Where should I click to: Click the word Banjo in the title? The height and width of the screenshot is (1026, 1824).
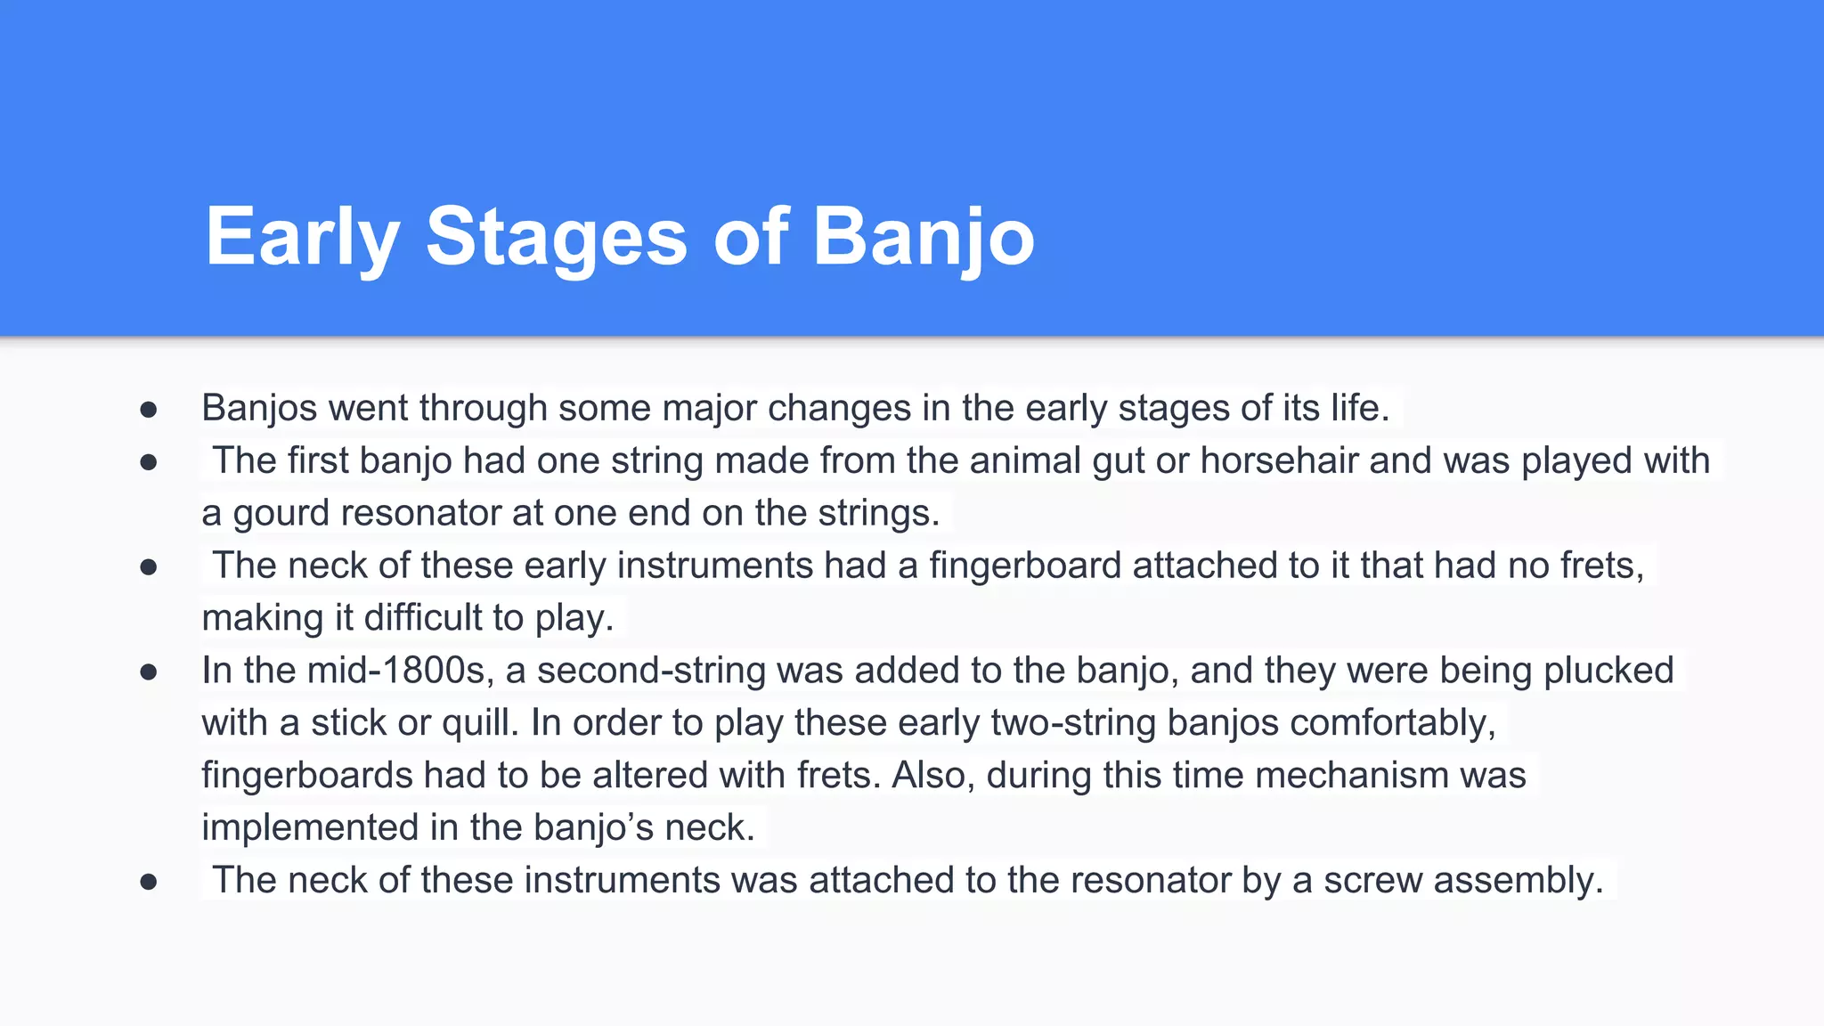click(x=923, y=237)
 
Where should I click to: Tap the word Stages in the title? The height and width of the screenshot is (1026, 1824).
click(x=557, y=237)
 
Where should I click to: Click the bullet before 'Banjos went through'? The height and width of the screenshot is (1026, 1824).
click(x=149, y=409)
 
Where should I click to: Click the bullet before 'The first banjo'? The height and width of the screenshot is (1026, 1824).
click(x=149, y=461)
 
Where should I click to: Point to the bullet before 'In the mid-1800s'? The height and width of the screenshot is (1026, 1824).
click(x=149, y=672)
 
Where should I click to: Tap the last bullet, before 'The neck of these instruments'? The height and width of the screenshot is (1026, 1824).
click(x=149, y=882)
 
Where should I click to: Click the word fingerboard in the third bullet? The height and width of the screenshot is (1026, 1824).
click(x=1025, y=566)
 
